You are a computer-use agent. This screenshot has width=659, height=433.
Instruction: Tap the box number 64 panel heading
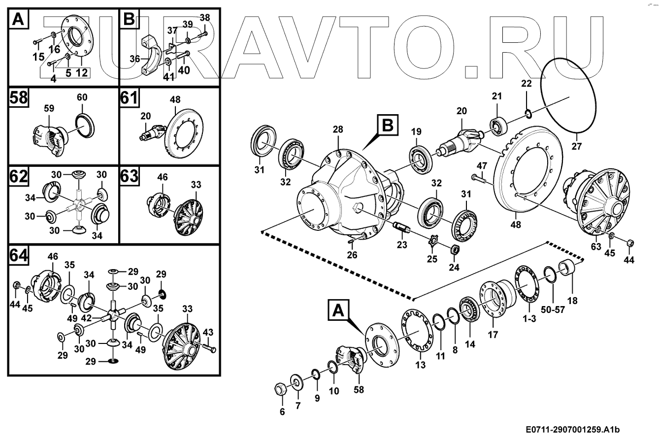(18, 255)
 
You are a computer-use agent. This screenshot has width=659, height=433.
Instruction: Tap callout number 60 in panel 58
(82, 97)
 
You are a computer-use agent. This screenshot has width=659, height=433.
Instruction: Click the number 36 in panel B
(135, 59)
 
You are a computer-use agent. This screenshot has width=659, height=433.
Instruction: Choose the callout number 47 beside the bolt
(481, 165)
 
